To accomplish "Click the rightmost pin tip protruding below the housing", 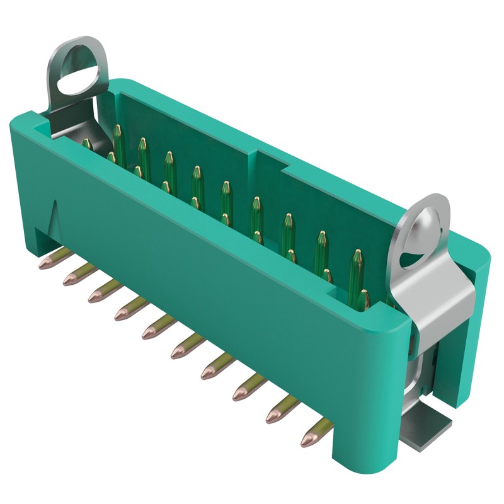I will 309,440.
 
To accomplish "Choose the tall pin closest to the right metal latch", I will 357,265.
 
